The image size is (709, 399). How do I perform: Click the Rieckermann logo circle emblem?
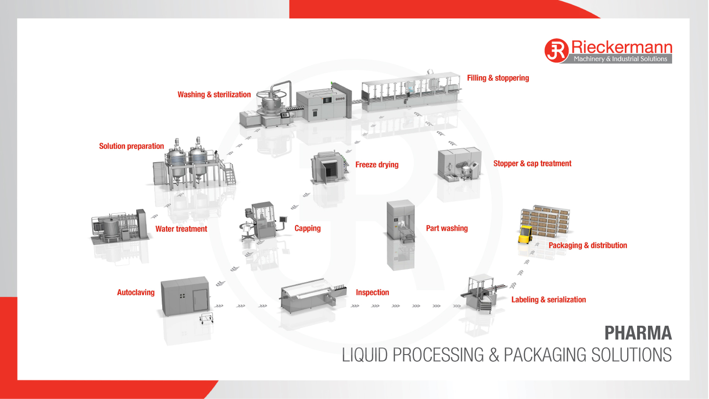[x=556, y=51]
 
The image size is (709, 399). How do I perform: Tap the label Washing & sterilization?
[x=214, y=95]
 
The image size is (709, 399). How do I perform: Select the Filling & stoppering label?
[x=498, y=78]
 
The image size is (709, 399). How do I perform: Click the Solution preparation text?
[x=131, y=146]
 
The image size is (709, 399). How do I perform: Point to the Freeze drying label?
[x=377, y=165]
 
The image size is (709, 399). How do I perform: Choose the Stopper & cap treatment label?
[x=532, y=164]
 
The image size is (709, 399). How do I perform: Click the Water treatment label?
[x=181, y=229]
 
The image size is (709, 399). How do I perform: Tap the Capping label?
[x=307, y=228]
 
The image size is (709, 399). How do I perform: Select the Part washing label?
[x=447, y=228]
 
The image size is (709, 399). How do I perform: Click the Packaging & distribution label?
[x=588, y=245]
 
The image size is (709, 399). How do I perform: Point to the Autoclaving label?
[x=136, y=293]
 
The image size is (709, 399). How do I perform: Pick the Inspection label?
[x=372, y=293]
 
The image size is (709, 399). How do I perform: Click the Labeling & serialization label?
[x=548, y=300]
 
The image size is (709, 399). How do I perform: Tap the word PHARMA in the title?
[x=638, y=333]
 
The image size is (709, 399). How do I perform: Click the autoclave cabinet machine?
[x=185, y=296]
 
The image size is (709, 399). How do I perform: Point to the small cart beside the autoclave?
[x=206, y=318]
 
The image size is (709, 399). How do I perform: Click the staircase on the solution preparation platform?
[x=230, y=174]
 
